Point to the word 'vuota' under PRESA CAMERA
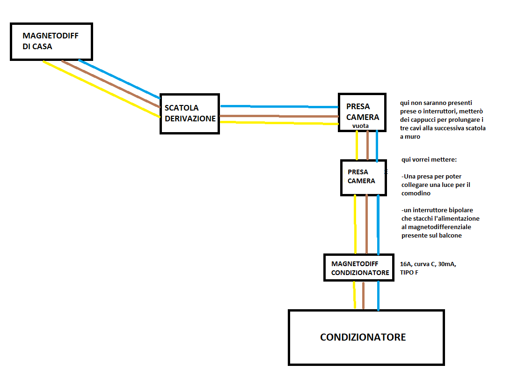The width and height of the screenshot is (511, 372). click(x=360, y=126)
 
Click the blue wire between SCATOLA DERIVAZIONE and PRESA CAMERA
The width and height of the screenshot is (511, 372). click(x=279, y=106)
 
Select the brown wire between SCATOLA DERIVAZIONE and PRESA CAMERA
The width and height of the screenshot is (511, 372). click(x=279, y=116)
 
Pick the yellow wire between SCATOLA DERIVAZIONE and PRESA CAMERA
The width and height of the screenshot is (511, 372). click(x=279, y=123)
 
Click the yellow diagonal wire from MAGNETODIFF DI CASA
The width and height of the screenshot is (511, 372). click(x=102, y=89)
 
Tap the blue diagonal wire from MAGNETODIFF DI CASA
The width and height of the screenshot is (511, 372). click(x=119, y=79)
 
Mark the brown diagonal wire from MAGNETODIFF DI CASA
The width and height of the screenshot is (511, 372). click(x=111, y=84)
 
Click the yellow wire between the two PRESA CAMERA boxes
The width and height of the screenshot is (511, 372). click(x=357, y=146)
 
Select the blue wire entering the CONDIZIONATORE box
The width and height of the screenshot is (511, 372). click(x=378, y=296)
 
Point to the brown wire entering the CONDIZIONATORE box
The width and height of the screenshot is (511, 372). click(x=364, y=295)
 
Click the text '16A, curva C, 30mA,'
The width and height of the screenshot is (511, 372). click(x=428, y=264)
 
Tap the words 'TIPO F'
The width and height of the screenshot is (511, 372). click(x=409, y=273)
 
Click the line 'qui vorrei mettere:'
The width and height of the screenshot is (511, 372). click(x=429, y=160)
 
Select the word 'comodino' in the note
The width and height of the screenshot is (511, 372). click(x=416, y=193)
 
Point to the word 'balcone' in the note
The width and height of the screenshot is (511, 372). click(x=451, y=235)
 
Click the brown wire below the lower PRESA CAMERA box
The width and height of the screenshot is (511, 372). click(x=366, y=224)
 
